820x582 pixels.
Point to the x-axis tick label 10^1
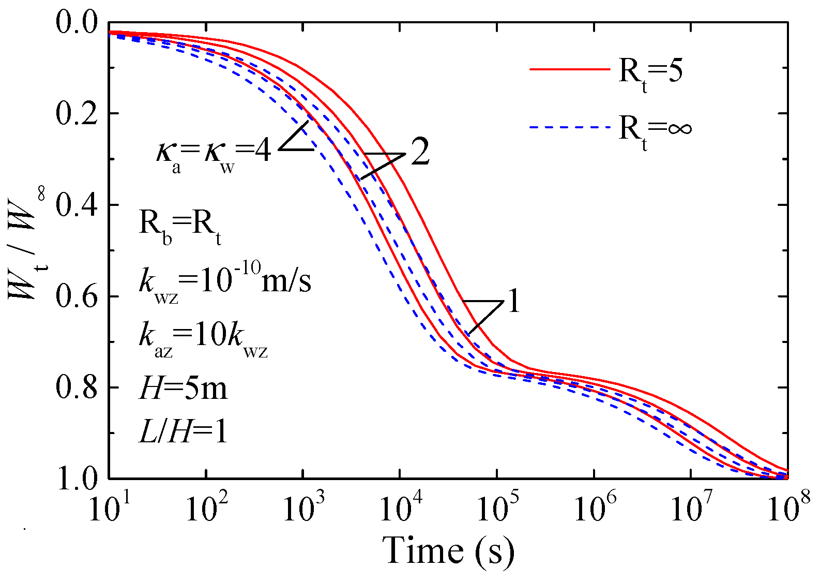pyautogui.click(x=110, y=507)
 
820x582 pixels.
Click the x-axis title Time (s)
pyautogui.click(x=448, y=551)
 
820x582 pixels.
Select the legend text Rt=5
pyautogui.click(x=650, y=72)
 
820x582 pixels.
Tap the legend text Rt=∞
pyautogui.click(x=655, y=129)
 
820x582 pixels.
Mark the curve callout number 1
pyautogui.click(x=513, y=302)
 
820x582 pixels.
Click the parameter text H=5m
pyautogui.click(x=183, y=388)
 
